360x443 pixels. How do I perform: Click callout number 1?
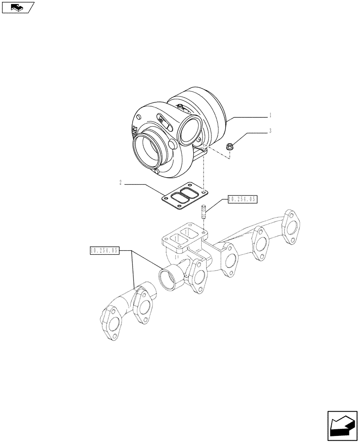coord(270,115)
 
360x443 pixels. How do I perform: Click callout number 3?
coord(270,131)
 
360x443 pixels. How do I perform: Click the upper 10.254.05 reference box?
coord(242,200)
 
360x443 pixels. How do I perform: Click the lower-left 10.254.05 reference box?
coord(104,251)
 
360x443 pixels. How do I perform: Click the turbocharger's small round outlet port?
coord(189,131)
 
